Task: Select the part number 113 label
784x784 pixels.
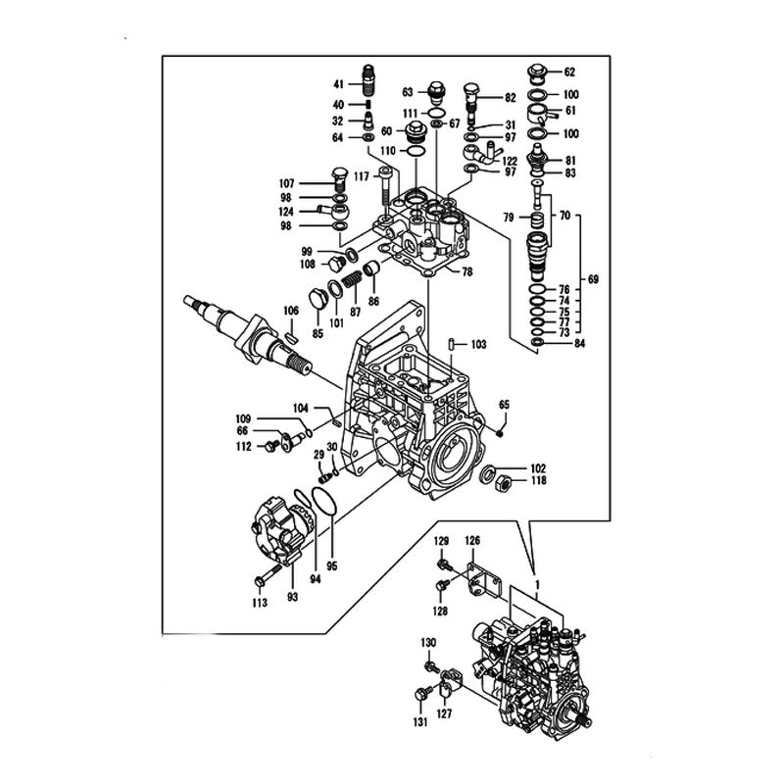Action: [260, 604]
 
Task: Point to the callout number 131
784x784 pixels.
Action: [420, 722]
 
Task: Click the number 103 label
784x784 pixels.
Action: [478, 345]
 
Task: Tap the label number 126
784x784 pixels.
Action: [472, 541]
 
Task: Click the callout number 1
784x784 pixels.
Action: [536, 584]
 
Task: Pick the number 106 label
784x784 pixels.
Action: [291, 311]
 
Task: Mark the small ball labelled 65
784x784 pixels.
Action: [500, 430]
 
